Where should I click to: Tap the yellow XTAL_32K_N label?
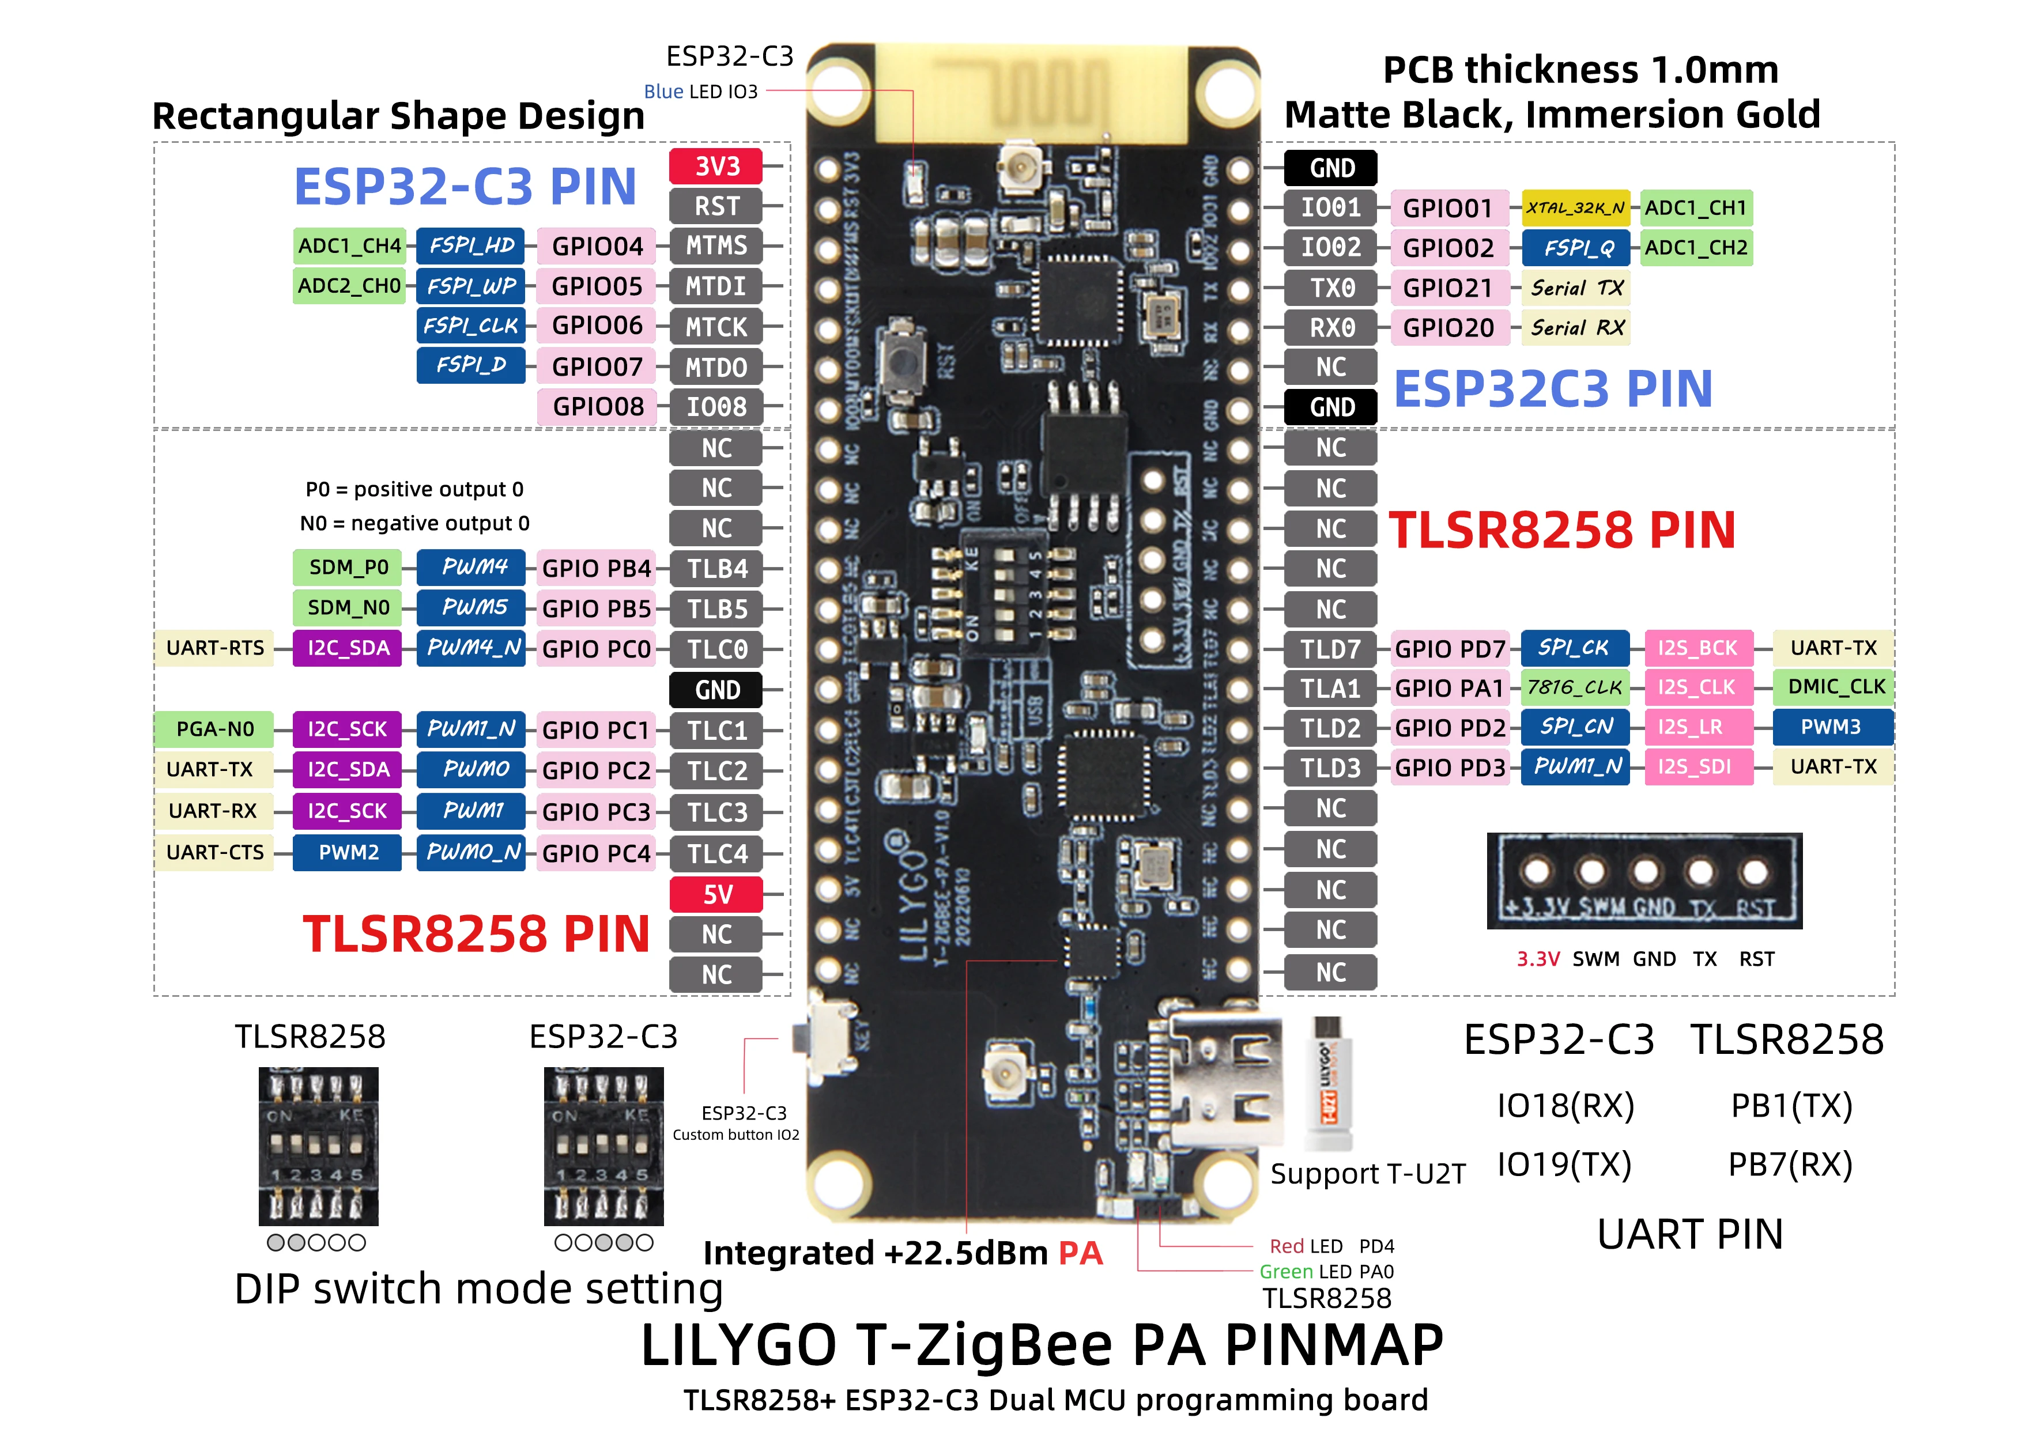pos(1575,208)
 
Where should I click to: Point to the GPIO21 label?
pos(1448,288)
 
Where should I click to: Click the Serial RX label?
pos(1576,327)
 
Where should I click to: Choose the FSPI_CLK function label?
pos(470,326)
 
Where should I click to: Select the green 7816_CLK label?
pos(1575,687)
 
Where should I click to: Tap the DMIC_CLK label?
pos(1834,687)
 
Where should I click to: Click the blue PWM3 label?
pos(1832,727)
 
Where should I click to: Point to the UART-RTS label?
pos(214,648)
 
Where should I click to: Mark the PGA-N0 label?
pos(214,729)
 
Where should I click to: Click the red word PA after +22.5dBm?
pos(1081,1253)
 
